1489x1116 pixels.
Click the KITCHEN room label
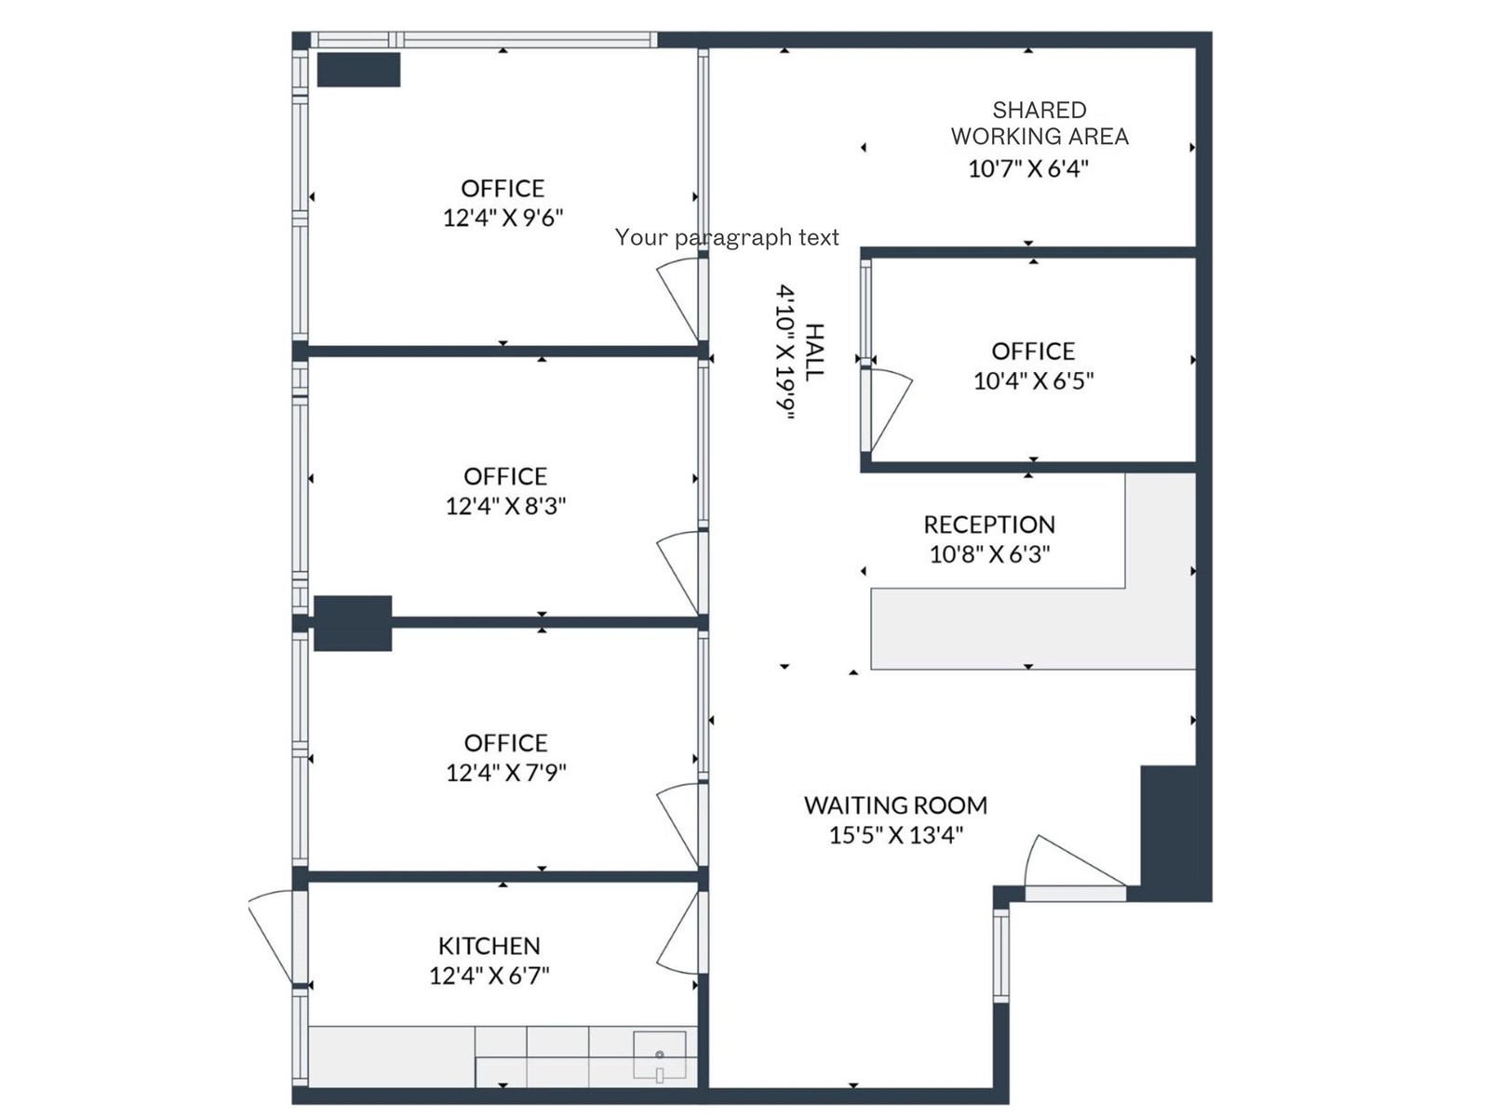click(x=489, y=946)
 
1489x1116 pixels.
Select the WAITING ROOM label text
click(x=895, y=805)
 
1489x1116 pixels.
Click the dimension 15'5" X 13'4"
click(x=895, y=835)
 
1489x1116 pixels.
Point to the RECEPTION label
click(x=989, y=525)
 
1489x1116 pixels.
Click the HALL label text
click(x=813, y=352)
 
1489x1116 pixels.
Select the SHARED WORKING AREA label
click(x=1040, y=124)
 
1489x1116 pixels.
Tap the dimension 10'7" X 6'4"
click(x=1028, y=169)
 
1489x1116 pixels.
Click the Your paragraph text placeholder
click(x=726, y=238)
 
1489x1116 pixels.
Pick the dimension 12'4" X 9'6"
click(x=503, y=218)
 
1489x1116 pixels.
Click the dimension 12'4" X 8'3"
click(x=505, y=506)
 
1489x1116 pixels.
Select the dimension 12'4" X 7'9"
click(x=505, y=773)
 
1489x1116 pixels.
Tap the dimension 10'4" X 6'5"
click(x=1033, y=380)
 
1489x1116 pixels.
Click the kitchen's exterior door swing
click(x=273, y=935)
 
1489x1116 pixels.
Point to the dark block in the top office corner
click(x=359, y=70)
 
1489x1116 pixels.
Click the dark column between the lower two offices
click(x=353, y=623)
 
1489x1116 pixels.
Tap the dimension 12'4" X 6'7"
click(x=489, y=976)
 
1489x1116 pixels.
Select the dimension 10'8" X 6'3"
click(x=989, y=554)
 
